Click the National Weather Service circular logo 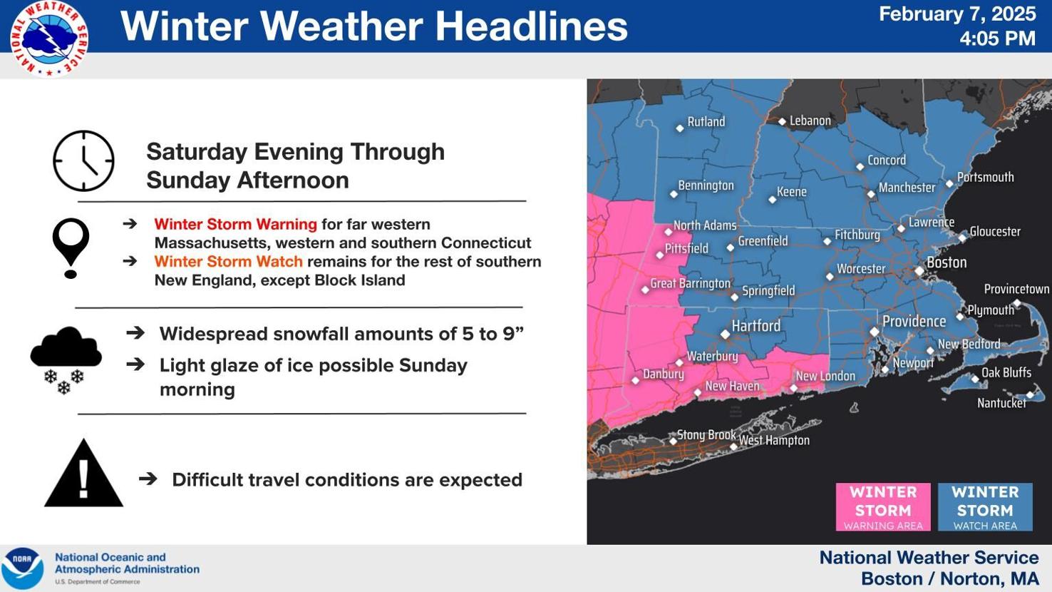(49, 39)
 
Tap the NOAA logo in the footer (22, 568)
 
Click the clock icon (83, 161)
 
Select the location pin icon (71, 247)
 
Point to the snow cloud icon (66, 359)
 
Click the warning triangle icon (83, 474)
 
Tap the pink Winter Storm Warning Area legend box (883, 507)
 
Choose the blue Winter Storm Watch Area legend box (985, 507)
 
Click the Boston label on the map (947, 262)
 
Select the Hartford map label (756, 326)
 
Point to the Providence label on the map (914, 321)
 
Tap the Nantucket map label (1001, 403)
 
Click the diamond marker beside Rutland (680, 128)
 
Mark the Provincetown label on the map (1016, 289)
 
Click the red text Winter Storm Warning (235, 224)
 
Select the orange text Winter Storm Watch (228, 262)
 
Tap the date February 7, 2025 (956, 14)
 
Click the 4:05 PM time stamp (996, 39)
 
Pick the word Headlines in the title (531, 26)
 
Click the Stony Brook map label (706, 434)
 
